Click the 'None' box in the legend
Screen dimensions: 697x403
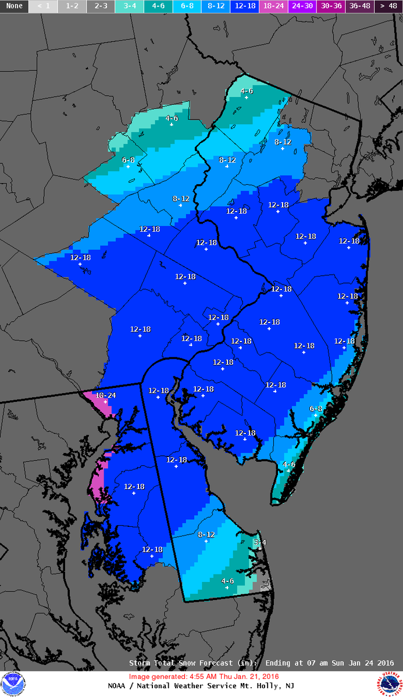pyautogui.click(x=14, y=6)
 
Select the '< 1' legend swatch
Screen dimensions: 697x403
pyautogui.click(x=43, y=6)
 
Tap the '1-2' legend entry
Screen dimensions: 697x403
pyautogui.click(x=72, y=6)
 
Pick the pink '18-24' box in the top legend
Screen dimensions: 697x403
pyautogui.click(x=272, y=6)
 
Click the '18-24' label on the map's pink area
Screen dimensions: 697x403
pyautogui.click(x=106, y=395)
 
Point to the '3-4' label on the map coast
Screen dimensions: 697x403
pyautogui.click(x=259, y=542)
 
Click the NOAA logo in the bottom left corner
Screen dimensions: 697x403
pyautogui.click(x=13, y=684)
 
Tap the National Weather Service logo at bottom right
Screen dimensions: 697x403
pyautogui.click(x=389, y=684)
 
